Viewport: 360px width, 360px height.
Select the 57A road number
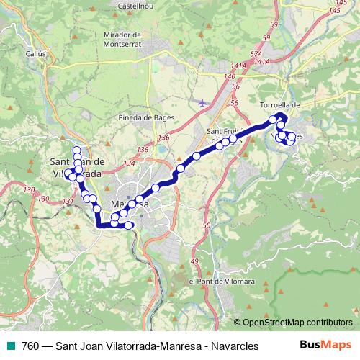(256, 54)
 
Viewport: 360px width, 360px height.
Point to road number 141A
(240, 66)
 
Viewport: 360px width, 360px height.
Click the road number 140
(230, 76)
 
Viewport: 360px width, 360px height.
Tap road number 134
(129, 164)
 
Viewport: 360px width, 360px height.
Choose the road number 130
(29, 189)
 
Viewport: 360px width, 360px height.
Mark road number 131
(68, 201)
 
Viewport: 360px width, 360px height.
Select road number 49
(193, 261)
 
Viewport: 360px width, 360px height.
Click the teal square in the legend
(11, 346)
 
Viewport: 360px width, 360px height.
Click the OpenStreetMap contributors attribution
(297, 323)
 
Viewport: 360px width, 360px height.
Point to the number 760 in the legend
(31, 346)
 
